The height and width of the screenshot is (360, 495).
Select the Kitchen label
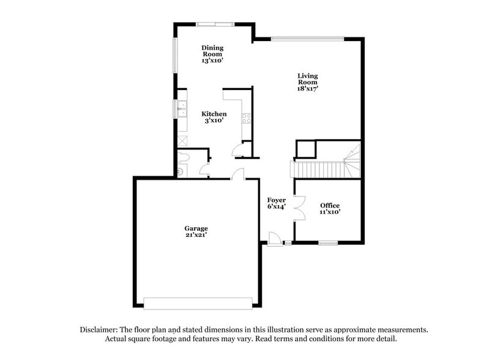[x=214, y=114]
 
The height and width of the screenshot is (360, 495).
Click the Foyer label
[x=276, y=200]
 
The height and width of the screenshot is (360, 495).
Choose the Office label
[x=330, y=205]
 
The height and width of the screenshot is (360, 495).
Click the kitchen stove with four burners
[x=247, y=117]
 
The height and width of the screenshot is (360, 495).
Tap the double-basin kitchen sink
[x=182, y=109]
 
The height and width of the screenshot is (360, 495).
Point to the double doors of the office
[x=300, y=208]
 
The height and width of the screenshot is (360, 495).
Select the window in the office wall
[x=328, y=244]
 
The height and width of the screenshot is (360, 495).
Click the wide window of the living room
[x=307, y=40]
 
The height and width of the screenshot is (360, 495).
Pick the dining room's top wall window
[x=215, y=24]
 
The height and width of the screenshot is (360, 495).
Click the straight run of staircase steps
[x=317, y=170]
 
